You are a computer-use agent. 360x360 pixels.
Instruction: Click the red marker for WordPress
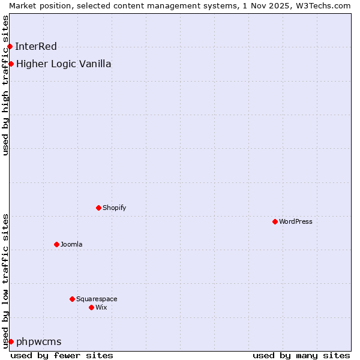(275, 221)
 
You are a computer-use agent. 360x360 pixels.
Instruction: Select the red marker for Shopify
(98, 208)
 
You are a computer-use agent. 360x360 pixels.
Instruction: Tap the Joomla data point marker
(56, 244)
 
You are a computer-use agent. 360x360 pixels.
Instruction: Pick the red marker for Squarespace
(72, 299)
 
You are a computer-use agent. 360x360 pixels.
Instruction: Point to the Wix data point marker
(91, 307)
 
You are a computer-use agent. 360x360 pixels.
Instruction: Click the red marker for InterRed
(10, 46)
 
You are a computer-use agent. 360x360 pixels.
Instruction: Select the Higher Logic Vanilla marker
(11, 64)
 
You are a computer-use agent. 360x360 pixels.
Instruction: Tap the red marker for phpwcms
(11, 341)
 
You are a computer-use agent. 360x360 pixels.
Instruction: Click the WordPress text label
(296, 221)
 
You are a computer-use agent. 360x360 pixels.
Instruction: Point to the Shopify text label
(114, 208)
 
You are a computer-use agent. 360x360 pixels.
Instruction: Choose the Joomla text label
(71, 244)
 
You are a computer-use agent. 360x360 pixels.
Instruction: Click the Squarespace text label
(97, 299)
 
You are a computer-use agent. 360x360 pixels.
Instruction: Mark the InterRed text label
(36, 46)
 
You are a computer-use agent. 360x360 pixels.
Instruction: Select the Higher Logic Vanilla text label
(64, 64)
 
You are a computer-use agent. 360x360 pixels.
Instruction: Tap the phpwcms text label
(39, 341)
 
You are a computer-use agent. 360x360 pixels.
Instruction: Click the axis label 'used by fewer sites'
(62, 355)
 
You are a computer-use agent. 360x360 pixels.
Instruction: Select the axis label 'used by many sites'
(301, 355)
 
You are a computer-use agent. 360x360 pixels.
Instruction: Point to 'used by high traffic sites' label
(5, 85)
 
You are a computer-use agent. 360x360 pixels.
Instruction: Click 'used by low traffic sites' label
(5, 280)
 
